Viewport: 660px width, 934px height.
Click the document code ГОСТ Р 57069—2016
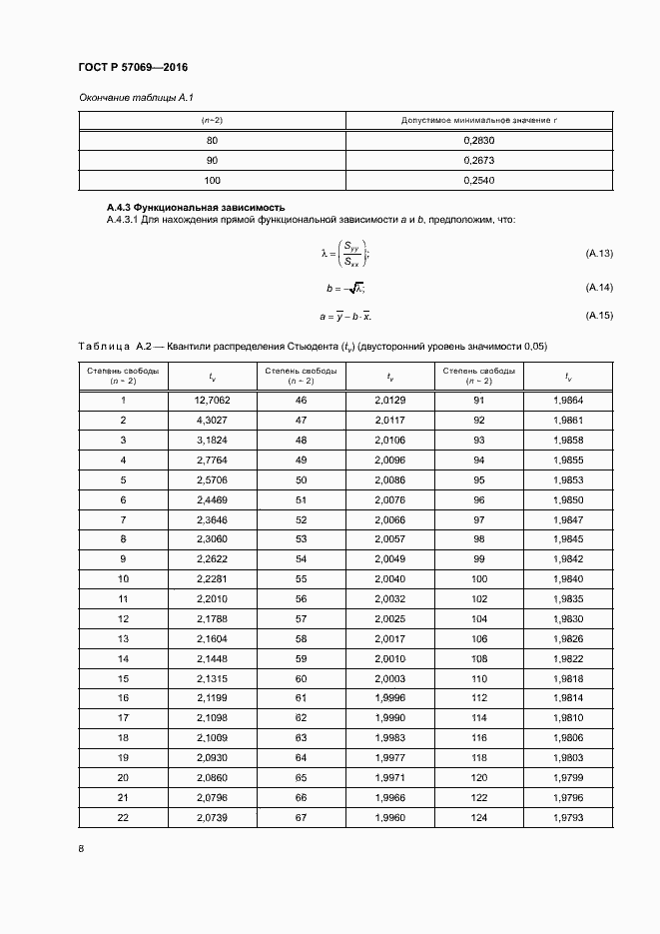click(x=133, y=67)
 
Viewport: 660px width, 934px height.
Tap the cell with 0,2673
click(x=479, y=160)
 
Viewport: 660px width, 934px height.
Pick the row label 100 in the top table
click(x=212, y=180)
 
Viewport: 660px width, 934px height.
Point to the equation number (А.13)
click(x=598, y=254)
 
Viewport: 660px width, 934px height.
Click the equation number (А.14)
click(x=598, y=288)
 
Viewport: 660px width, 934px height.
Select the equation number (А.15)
click(x=598, y=316)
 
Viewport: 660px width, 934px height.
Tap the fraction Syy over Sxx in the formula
click(x=351, y=254)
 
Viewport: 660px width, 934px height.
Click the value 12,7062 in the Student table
click(x=213, y=400)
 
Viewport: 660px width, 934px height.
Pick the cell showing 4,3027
click(x=213, y=420)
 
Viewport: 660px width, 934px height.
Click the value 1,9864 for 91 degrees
click(x=567, y=400)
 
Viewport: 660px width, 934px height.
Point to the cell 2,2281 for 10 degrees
click(x=213, y=578)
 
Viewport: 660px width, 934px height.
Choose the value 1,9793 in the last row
click(x=567, y=817)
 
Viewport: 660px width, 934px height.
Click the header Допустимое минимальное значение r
click(x=479, y=120)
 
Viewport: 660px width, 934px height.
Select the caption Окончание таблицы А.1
click(x=127, y=97)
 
